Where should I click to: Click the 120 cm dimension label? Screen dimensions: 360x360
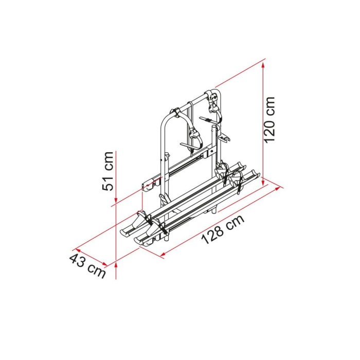click(269, 119)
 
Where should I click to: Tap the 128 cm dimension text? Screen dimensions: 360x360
click(223, 229)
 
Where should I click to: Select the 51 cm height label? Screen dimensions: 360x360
click(108, 171)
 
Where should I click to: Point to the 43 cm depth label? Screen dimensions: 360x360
click(87, 265)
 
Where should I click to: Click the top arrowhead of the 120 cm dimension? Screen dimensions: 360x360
click(263, 66)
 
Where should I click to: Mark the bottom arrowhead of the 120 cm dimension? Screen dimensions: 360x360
click(263, 182)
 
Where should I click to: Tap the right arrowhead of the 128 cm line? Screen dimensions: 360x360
click(277, 189)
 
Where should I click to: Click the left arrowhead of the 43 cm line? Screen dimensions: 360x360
click(79, 250)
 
